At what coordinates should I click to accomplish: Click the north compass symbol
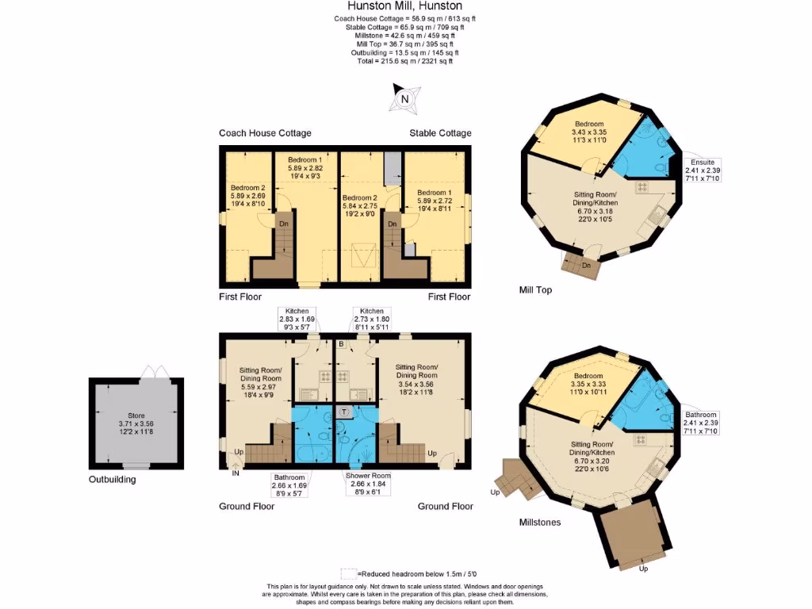(404, 99)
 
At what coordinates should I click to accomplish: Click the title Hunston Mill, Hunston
(405, 6)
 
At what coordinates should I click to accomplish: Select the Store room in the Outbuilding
(137, 424)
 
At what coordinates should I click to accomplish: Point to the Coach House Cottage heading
(265, 133)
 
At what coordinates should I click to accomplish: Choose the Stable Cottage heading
(440, 133)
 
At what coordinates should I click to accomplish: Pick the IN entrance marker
(235, 473)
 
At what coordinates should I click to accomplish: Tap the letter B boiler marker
(340, 345)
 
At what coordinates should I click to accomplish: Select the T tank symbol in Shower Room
(343, 412)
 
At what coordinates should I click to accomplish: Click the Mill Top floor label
(535, 290)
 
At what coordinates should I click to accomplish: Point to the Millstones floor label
(540, 523)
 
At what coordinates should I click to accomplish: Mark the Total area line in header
(405, 61)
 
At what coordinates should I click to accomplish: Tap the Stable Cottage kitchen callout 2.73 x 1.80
(371, 319)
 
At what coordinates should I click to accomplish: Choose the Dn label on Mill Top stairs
(586, 266)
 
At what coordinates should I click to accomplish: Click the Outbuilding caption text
(112, 480)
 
